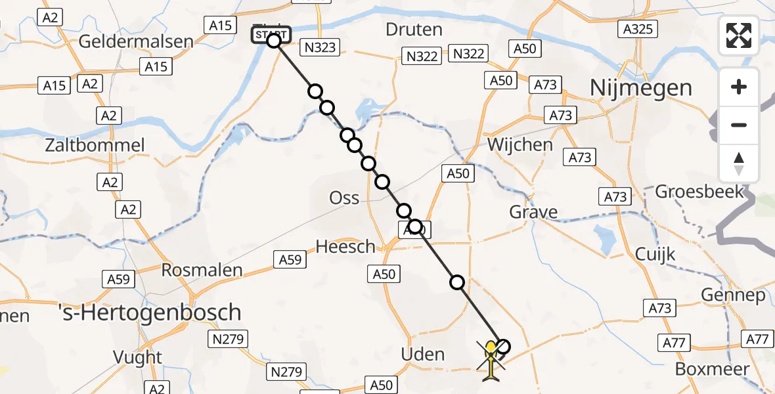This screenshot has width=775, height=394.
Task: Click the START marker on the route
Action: point(271,35)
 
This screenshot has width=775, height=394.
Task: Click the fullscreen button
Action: point(739,35)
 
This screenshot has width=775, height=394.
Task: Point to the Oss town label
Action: point(345,197)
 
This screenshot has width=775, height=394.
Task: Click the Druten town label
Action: point(414,30)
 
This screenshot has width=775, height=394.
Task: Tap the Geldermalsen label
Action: point(136,41)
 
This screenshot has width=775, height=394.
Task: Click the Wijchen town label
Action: point(521,144)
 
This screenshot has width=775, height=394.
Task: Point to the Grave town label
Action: point(534,212)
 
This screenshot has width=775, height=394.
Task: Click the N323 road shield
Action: point(319,47)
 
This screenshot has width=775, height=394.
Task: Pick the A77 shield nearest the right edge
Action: point(758,339)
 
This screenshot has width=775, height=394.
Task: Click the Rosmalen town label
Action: point(202,270)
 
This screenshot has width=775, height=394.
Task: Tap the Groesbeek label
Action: point(699,192)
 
